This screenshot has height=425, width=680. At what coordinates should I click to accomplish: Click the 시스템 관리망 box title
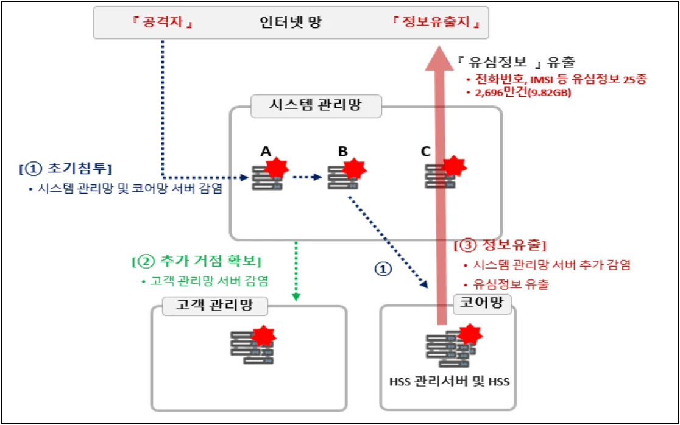click(316, 105)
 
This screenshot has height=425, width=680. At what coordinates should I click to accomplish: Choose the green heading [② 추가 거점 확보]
click(196, 262)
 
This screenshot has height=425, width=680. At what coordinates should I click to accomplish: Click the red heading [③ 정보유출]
click(500, 246)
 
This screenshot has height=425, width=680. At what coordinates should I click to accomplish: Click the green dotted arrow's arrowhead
click(296, 297)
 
